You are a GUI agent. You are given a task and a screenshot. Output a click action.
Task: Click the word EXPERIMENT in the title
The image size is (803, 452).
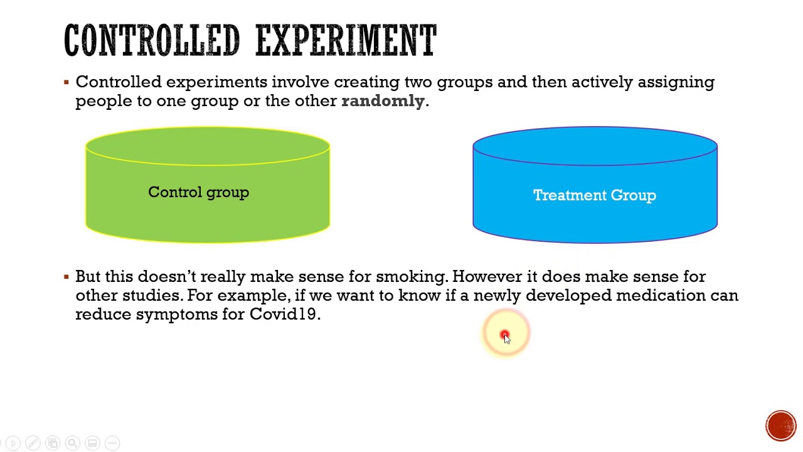click(346, 41)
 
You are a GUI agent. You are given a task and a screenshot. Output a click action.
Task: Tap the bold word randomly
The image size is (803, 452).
click(383, 101)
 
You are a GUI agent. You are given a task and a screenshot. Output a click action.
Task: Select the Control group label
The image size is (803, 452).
click(198, 193)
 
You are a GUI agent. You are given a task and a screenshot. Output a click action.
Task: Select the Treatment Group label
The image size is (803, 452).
click(594, 195)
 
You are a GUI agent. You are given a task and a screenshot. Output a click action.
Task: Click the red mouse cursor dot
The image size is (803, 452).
click(505, 335)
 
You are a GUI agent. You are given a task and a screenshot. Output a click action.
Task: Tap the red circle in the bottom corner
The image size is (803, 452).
click(780, 425)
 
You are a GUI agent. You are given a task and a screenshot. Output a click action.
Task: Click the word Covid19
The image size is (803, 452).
click(282, 314)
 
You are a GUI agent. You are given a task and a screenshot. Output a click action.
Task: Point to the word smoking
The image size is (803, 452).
click(410, 277)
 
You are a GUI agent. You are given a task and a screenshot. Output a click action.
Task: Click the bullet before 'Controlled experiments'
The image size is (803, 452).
click(66, 82)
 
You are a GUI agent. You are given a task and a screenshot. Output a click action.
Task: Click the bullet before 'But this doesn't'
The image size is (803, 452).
click(66, 277)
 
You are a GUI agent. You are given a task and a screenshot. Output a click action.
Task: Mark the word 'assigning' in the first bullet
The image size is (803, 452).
click(676, 82)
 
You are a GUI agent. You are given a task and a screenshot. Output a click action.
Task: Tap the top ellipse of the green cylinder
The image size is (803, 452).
click(208, 146)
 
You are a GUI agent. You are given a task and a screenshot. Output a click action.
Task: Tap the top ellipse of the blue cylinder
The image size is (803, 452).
click(595, 146)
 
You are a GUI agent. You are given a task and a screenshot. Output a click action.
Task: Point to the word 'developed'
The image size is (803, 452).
click(568, 296)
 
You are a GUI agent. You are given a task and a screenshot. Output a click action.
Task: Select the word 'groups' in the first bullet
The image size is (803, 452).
click(464, 82)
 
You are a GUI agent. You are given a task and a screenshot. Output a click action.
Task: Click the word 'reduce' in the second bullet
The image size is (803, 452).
click(103, 314)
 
